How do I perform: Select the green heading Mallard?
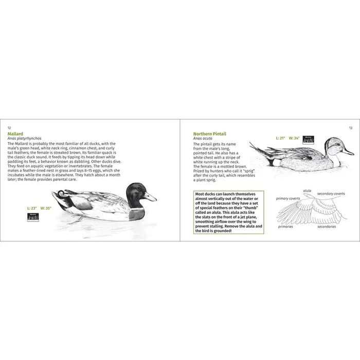coord(15,134)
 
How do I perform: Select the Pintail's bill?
coord(348,152)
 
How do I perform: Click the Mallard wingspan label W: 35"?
coord(46,208)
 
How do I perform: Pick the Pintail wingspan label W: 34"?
coord(294,138)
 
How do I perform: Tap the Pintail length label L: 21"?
coord(281,138)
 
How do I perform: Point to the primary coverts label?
coord(288,198)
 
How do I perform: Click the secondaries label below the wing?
coord(327,226)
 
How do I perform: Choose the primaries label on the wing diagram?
coord(285,226)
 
